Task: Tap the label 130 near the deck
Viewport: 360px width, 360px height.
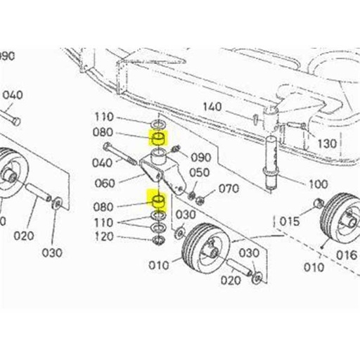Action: pos(328,144)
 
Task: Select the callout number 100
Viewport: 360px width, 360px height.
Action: pos(318,184)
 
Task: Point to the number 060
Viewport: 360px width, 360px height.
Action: pos(104,184)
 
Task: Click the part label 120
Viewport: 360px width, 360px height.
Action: pos(104,236)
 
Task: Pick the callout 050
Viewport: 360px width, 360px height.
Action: pos(199,172)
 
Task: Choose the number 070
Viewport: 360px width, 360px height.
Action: pos(229,188)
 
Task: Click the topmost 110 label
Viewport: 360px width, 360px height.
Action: pos(104,117)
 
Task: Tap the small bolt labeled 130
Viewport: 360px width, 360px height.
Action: pos(295,127)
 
